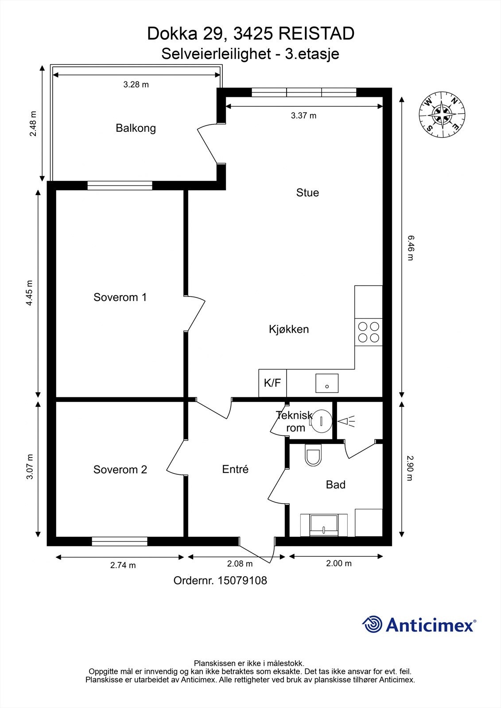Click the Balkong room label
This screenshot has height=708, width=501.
[x=136, y=128]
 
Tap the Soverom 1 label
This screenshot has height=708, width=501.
[x=120, y=297]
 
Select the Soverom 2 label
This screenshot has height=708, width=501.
[x=120, y=469]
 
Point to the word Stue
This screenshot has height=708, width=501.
[x=307, y=192]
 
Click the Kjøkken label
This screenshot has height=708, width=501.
[x=289, y=329]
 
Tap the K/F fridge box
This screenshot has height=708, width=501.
[x=272, y=383]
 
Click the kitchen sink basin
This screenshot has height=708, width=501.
[x=327, y=383]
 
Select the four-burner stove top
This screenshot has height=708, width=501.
[x=369, y=332]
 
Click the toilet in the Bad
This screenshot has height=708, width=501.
[x=313, y=455]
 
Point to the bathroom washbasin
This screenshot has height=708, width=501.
[x=324, y=525]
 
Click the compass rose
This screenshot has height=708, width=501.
[x=442, y=114]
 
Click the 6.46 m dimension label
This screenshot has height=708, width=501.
[x=411, y=248]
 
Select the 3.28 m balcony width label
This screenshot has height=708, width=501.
[x=136, y=85]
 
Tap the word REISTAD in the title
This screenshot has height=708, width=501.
[x=316, y=34]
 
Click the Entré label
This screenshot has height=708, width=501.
[x=235, y=469]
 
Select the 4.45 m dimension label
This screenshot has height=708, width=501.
[x=29, y=292]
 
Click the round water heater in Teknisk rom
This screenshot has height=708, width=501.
[x=321, y=421]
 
